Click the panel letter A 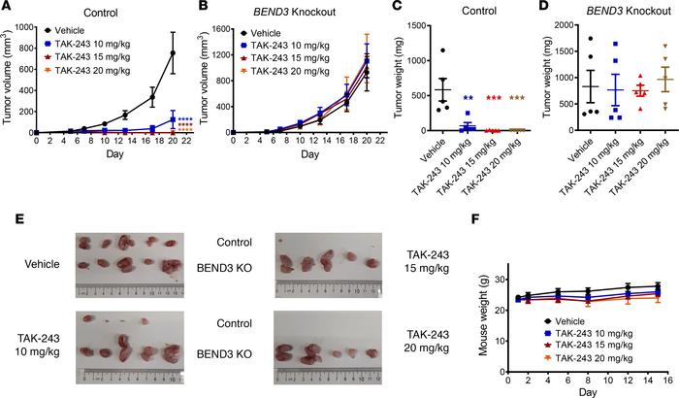click(x=7, y=8)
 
